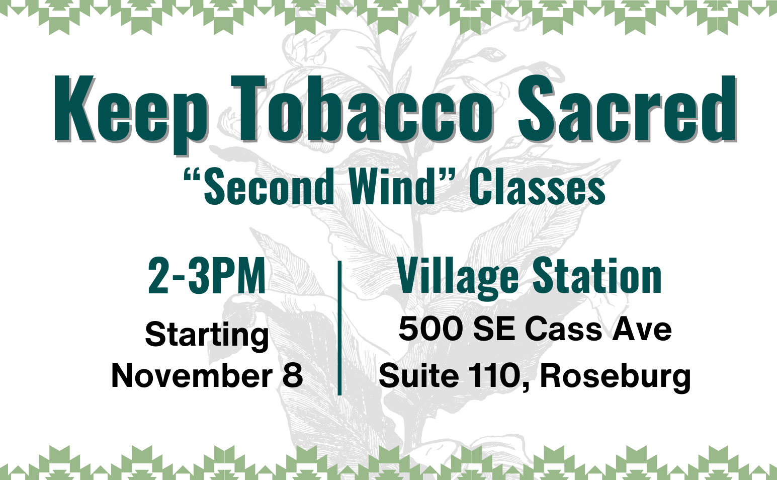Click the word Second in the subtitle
pos(269,187)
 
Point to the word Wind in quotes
pos(392,187)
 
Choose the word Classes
pos(537,187)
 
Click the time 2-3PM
pos(207,276)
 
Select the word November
pos(192,375)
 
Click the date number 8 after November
pos(293,375)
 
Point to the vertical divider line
pos(339,328)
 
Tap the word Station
pos(597,276)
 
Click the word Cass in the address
pos(563,329)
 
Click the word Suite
pos(419,375)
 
